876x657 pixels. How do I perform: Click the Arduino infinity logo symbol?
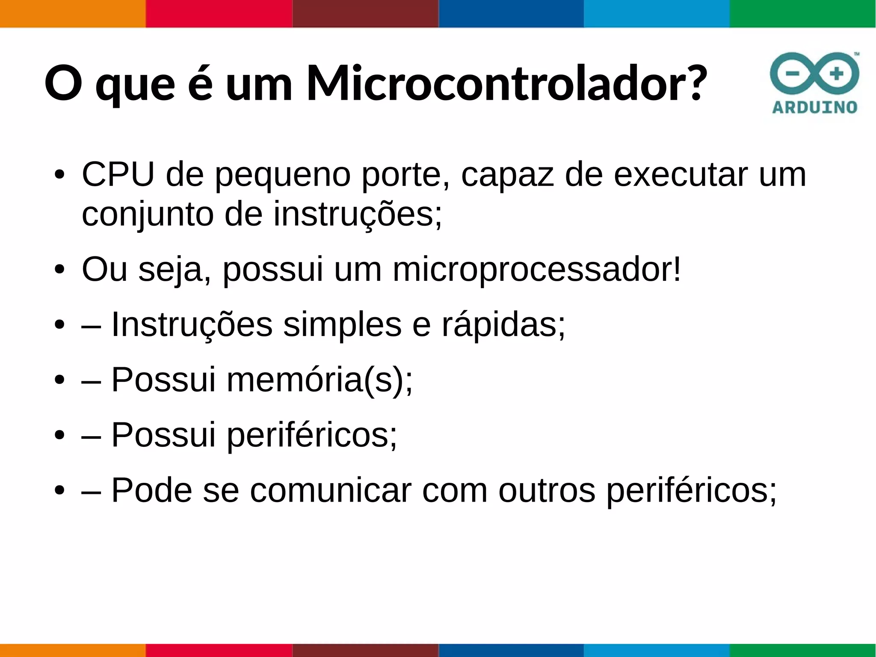click(x=814, y=74)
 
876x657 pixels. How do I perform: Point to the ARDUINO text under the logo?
click(x=814, y=107)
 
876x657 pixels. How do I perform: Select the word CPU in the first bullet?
click(x=118, y=174)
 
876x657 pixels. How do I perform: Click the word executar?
click(x=681, y=174)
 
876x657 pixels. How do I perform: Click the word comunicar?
click(x=331, y=490)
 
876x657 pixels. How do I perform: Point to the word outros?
click(x=546, y=490)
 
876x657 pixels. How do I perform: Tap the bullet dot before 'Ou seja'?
click(x=59, y=270)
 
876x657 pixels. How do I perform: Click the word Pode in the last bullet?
click(x=151, y=490)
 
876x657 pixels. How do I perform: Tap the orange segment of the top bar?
click(x=73, y=14)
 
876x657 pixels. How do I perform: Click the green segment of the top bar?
click(x=802, y=14)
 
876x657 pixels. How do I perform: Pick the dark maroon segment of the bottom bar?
click(x=365, y=650)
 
